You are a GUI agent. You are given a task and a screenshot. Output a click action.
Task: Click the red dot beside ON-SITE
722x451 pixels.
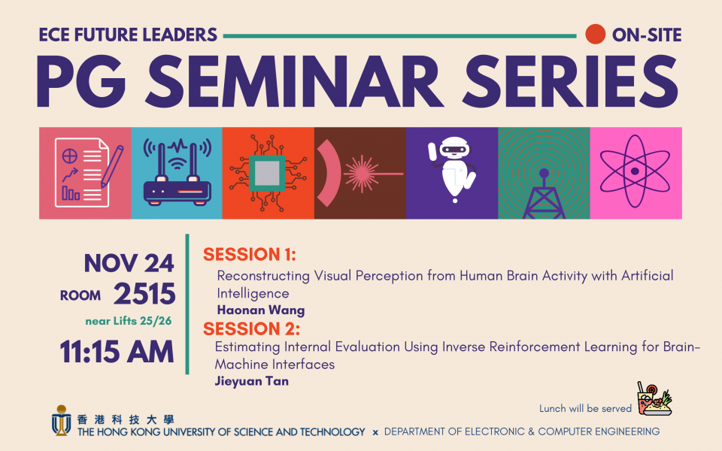click(x=595, y=35)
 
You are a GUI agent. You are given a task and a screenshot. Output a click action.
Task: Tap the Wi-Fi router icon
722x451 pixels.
click(x=177, y=172)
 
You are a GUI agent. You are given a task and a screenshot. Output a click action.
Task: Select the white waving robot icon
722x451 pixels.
click(x=452, y=169)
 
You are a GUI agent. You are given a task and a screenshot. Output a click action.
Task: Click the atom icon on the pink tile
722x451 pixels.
click(x=635, y=171)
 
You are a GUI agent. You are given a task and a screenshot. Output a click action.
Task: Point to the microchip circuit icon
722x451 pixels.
click(x=268, y=173)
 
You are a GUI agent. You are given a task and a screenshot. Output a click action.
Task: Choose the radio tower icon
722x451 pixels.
click(x=544, y=193)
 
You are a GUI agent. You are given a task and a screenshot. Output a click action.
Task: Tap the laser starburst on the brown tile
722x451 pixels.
click(x=362, y=174)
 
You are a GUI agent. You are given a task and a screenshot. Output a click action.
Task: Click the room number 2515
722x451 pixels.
click(x=144, y=294)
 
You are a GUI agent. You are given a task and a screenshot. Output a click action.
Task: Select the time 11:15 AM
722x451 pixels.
click(x=117, y=352)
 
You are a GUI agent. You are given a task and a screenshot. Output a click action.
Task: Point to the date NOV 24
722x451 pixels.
click(x=129, y=264)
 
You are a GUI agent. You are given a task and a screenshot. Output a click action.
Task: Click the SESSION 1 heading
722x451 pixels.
click(x=250, y=255)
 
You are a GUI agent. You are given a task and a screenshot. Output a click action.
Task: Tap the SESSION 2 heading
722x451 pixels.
click(x=251, y=329)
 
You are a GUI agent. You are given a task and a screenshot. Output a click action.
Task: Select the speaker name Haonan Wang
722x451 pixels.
click(x=261, y=310)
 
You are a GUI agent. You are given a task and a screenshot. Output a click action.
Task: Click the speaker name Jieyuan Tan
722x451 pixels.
click(x=252, y=382)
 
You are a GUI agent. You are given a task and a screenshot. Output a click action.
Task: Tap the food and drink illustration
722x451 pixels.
click(x=654, y=398)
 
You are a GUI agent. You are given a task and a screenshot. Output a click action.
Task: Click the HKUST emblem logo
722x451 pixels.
click(x=61, y=420)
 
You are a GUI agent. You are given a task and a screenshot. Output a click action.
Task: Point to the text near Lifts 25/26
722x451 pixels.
click(x=129, y=321)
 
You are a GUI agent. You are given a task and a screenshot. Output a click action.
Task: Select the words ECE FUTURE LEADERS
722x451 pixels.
click(x=128, y=35)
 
